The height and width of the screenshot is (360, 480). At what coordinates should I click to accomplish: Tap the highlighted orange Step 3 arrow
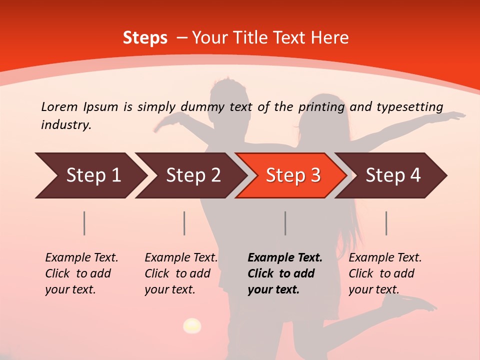pyautogui.click(x=292, y=175)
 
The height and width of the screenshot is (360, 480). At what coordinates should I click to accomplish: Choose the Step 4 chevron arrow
pyautogui.click(x=392, y=175)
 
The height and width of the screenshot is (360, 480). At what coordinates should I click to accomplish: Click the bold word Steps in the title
pyautogui.click(x=145, y=38)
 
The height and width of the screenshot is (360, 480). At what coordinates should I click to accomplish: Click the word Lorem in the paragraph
pyautogui.click(x=59, y=106)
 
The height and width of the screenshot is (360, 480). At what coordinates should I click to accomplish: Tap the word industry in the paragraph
pyautogui.click(x=66, y=125)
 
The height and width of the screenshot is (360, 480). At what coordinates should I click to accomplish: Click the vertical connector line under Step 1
pyautogui.click(x=84, y=223)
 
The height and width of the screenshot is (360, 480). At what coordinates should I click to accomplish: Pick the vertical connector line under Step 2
pyautogui.click(x=184, y=223)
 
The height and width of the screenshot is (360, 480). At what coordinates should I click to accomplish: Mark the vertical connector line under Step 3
pyautogui.click(x=285, y=223)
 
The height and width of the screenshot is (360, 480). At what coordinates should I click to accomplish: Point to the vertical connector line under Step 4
pyautogui.click(x=386, y=223)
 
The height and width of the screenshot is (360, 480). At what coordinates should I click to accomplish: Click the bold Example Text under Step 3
pyautogui.click(x=285, y=258)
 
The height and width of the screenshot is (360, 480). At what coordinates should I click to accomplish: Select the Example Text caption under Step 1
pyautogui.click(x=81, y=258)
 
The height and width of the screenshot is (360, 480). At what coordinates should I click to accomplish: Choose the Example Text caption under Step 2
pyautogui.click(x=181, y=258)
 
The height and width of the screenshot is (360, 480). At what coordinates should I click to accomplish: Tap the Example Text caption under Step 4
pyautogui.click(x=385, y=258)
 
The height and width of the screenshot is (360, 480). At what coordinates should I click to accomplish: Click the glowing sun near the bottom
pyautogui.click(x=192, y=326)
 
